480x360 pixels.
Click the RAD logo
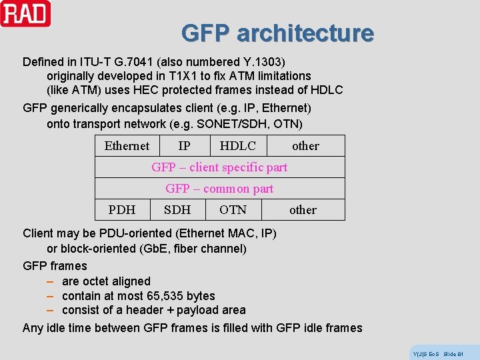coord(25,13)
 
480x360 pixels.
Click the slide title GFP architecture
coord(277,33)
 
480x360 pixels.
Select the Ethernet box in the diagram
coord(127,146)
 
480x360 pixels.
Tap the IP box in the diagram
coord(185,146)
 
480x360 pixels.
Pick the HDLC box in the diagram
coord(237,146)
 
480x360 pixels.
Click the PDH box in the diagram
coord(122,210)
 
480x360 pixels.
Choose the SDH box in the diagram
coord(177,210)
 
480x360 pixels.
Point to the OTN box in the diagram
coord(233,210)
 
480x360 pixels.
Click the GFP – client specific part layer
coord(219,167)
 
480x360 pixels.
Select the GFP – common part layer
coord(219,189)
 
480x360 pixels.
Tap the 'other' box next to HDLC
coord(305,146)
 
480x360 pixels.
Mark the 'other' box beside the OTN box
coord(303,210)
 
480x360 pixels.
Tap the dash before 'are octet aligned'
coord(50,281)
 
